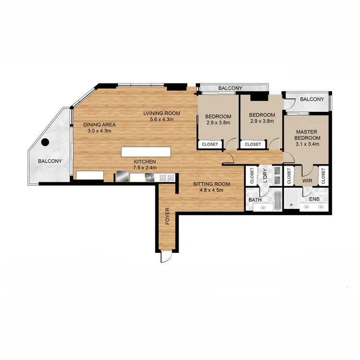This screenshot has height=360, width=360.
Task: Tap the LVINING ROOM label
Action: pyautogui.click(x=161, y=113)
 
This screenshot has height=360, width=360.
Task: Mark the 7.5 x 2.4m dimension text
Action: pyautogui.click(x=145, y=168)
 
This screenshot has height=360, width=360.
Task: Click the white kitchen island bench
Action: pyautogui.click(x=145, y=152)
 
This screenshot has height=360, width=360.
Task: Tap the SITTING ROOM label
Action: pyautogui.click(x=212, y=184)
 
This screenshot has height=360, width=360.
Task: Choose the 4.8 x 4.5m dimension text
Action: pyautogui.click(x=212, y=190)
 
